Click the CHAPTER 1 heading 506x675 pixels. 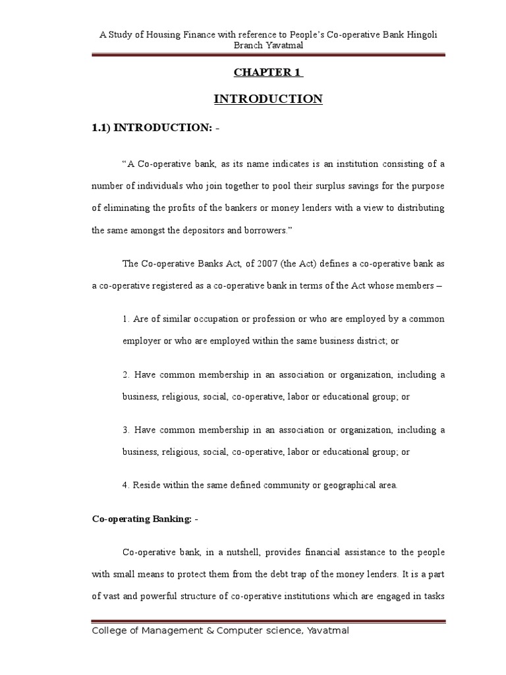tap(267, 73)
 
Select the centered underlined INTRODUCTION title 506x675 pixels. tap(268, 100)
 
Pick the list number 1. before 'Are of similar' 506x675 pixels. tap(125, 319)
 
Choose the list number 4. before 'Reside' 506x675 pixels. tap(125, 486)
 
